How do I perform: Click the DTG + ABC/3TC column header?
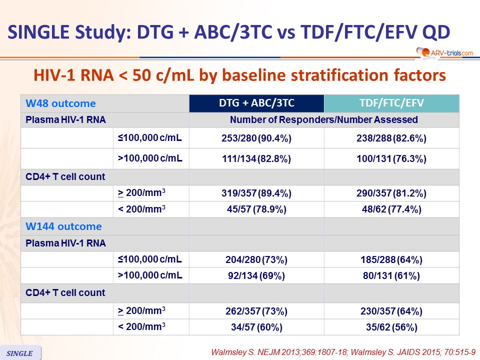tap(256, 103)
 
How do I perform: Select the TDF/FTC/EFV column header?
tap(391, 103)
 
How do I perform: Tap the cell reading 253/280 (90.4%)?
tap(256, 138)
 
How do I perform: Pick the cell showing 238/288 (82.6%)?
tap(391, 138)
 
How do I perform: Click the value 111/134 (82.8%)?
tap(256, 158)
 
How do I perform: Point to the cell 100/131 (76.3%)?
tap(391, 158)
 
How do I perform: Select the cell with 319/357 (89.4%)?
tap(256, 193)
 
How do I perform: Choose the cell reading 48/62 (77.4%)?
tap(391, 209)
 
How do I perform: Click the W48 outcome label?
tap(60, 103)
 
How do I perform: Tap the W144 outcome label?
tap(63, 226)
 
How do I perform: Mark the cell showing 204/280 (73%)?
tap(256, 259)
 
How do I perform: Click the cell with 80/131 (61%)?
tap(391, 276)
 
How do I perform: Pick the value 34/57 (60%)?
tap(256, 327)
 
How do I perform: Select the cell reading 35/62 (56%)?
tap(391, 327)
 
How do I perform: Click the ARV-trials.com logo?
tap(445, 52)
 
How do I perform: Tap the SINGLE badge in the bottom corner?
tap(20, 353)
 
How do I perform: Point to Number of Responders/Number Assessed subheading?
tap(324, 119)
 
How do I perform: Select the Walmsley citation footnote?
tap(343, 352)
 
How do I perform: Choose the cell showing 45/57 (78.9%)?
tap(256, 209)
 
